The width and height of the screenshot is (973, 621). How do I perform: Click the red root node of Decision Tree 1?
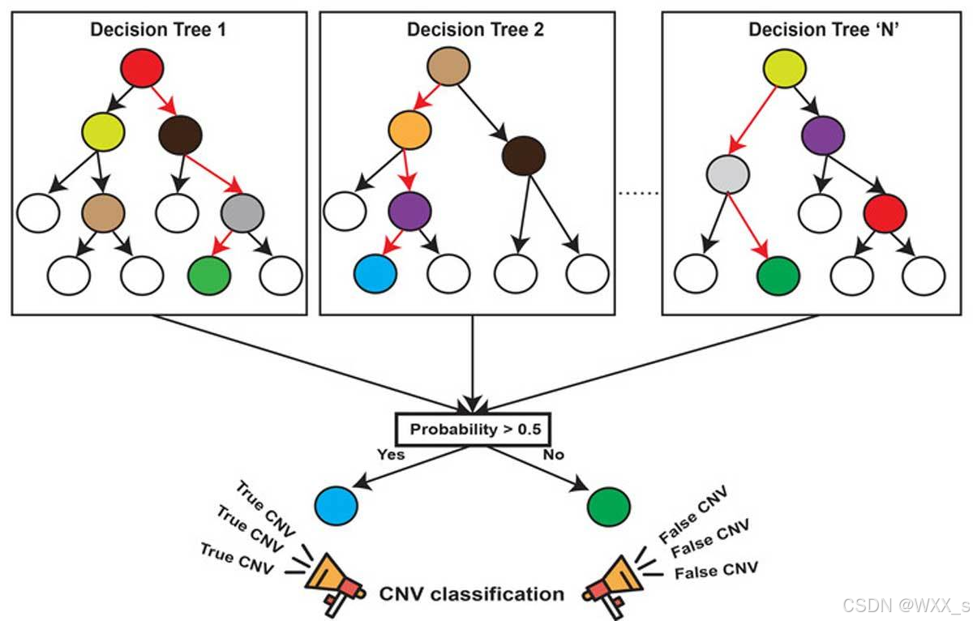(x=142, y=68)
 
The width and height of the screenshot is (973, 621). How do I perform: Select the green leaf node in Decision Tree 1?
(x=209, y=276)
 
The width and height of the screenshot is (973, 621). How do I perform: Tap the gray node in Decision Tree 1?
(x=242, y=213)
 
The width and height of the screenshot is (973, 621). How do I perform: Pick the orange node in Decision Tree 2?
(x=409, y=130)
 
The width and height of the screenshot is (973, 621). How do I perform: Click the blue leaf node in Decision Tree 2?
(x=375, y=274)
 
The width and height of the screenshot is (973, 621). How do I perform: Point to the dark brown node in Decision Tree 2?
(x=524, y=156)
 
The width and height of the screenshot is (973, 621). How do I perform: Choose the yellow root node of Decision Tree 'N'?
(x=785, y=69)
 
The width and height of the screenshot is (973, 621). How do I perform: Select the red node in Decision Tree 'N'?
(x=885, y=213)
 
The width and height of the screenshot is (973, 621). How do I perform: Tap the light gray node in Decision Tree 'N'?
(x=728, y=174)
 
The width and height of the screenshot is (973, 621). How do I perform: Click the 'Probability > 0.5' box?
(x=474, y=430)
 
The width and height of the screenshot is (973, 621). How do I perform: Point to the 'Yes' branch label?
(x=391, y=455)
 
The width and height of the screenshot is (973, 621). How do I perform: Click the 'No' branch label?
(x=553, y=455)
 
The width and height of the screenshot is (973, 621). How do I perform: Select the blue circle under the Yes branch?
(x=336, y=506)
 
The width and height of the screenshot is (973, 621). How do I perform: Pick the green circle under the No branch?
(x=609, y=507)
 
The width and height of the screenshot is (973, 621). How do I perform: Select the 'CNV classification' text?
(x=472, y=594)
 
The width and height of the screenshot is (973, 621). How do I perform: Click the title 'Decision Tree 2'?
(x=475, y=29)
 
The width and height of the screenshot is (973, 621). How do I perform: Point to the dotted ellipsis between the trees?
(x=639, y=193)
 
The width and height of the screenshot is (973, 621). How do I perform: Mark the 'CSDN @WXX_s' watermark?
(x=907, y=605)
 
